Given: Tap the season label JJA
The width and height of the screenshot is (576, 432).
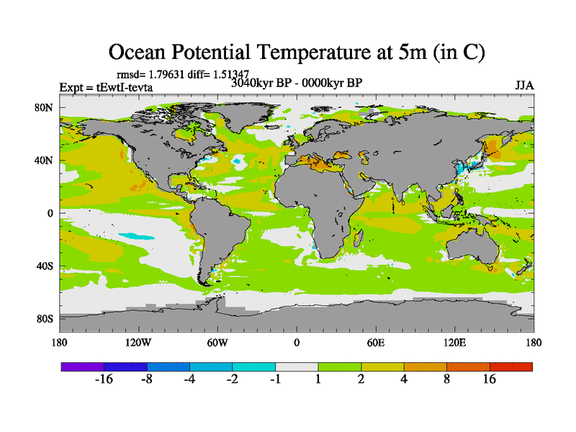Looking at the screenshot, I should [x=524, y=85].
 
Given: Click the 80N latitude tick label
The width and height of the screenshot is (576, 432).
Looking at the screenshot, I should [x=45, y=107].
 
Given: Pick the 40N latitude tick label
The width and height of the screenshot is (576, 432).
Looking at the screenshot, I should [x=45, y=161].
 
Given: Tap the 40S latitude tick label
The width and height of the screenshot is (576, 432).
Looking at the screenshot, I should [x=45, y=266].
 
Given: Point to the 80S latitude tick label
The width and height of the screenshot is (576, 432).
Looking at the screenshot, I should [x=45, y=318].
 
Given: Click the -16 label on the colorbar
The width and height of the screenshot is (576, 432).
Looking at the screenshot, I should [x=104, y=379].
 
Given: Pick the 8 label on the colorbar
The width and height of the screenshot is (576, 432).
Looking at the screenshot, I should [x=447, y=379].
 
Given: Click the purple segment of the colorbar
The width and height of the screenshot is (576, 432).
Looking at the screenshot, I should [x=82, y=366].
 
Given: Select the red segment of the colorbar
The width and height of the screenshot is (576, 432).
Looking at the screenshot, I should [x=511, y=366].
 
